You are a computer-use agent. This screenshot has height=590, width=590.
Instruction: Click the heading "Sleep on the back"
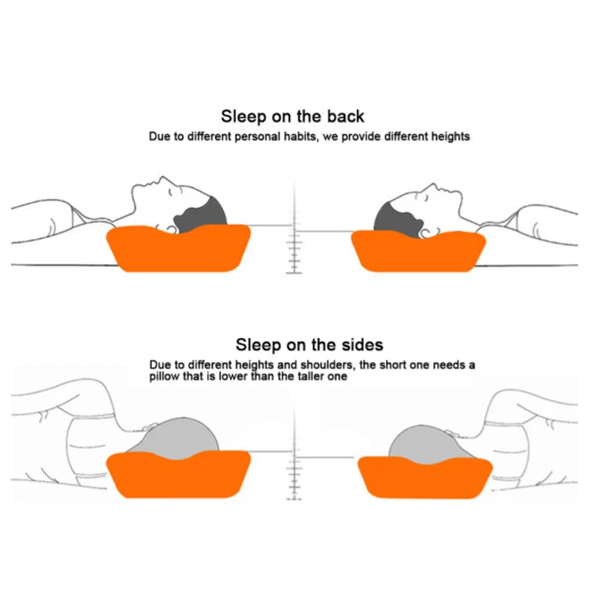pyautogui.click(x=293, y=116)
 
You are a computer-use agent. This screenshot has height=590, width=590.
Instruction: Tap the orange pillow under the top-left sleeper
pyautogui.click(x=177, y=250)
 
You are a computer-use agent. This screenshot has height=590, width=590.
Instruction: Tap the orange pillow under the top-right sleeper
pyautogui.click(x=417, y=250)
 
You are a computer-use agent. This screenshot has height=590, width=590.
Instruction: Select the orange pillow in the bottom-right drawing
pyautogui.click(x=424, y=475)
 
